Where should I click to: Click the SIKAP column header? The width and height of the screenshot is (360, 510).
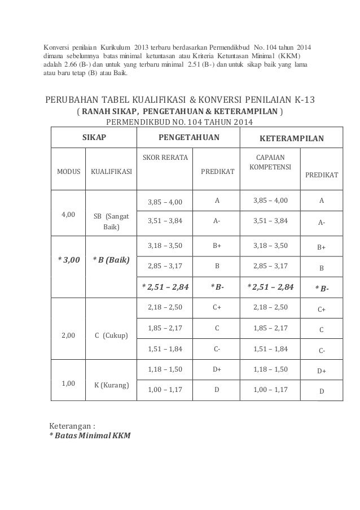[x=94, y=137]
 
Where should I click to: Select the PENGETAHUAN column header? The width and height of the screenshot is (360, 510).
[x=189, y=137]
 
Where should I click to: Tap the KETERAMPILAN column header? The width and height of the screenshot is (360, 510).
[x=291, y=137]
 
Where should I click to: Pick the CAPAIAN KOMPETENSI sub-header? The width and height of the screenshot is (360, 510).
[x=270, y=163]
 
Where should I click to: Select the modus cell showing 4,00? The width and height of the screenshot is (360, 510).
[x=68, y=215]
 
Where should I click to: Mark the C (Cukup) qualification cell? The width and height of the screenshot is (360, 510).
[x=111, y=335]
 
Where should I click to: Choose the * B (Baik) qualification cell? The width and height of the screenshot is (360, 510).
[x=111, y=260]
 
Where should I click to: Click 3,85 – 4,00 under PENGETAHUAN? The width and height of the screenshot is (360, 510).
[x=165, y=200]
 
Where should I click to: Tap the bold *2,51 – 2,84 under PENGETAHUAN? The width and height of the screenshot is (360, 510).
[x=165, y=286]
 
